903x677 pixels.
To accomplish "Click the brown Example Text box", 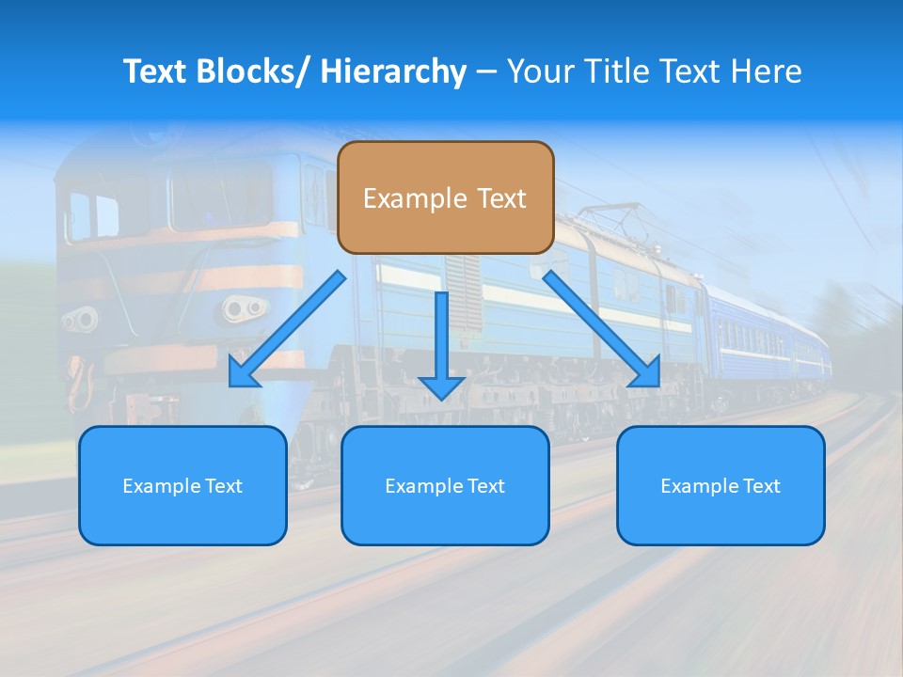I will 445,197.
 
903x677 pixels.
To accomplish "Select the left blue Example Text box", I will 182,485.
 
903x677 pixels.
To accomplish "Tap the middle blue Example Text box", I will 445,485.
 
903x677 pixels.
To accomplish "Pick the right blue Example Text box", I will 721,485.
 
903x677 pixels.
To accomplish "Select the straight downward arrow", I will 441,343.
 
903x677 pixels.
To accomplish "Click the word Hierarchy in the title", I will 393,71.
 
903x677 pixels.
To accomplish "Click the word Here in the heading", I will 768,71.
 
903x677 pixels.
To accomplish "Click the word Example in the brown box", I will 415,198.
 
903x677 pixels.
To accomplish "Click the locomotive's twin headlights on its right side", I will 244,307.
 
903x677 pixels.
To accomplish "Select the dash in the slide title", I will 486,72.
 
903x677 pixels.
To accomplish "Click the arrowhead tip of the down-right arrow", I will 657,385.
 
